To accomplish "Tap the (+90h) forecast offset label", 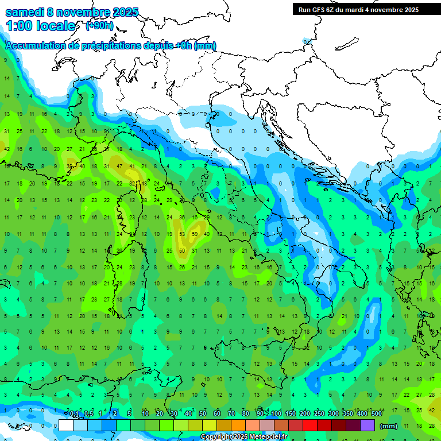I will pyautogui.click(x=99, y=26).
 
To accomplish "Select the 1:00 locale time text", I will pyautogui.click(x=40, y=26).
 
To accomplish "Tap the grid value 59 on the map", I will pyautogui.click(x=195, y=234).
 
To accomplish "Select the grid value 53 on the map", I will pyautogui.click(x=182, y=234).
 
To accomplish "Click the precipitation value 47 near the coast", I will pyautogui.click(x=119, y=167).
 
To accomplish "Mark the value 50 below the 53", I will pyautogui.click(x=182, y=250).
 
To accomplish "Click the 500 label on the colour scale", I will pyautogui.click(x=376, y=414).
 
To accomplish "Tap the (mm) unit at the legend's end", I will pyautogui.click(x=389, y=426).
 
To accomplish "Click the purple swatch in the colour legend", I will pyautogui.click(x=367, y=425).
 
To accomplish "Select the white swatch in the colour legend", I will pyautogui.click(x=66, y=425).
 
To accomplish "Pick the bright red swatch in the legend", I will pyautogui.click(x=310, y=425).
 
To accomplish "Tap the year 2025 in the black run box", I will pyautogui.click(x=409, y=10).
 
